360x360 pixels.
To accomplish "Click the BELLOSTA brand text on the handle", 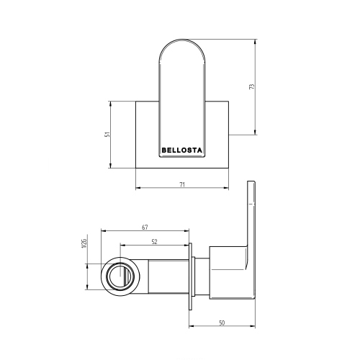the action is click(x=182, y=150).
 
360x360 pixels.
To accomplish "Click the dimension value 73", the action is click(x=252, y=86).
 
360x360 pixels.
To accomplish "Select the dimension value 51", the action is click(x=108, y=135).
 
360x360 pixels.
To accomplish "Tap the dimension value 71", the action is click(x=182, y=184).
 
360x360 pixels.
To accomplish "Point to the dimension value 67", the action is click(x=145, y=227).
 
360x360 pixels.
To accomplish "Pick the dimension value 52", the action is click(x=154, y=242).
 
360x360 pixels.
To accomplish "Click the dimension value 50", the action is click(x=222, y=323).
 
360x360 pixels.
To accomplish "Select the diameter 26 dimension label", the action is click(x=84, y=243).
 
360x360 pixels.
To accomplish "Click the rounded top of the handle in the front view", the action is click(x=182, y=40).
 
